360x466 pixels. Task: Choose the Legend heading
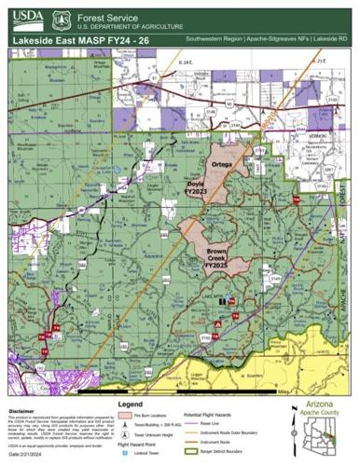tap(131, 404)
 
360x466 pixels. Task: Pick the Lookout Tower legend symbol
tap(124, 453)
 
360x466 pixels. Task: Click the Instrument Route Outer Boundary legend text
tap(233, 432)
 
